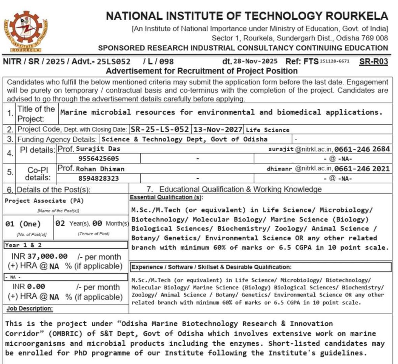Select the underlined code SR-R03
[374, 61]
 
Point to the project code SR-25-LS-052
[160, 129]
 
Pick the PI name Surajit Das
[98, 149]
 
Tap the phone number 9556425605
[99, 158]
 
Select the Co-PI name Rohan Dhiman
[100, 169]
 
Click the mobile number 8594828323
[99, 179]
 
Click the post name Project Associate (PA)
[44, 200]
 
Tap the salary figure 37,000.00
[47, 256]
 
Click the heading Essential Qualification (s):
[166, 197]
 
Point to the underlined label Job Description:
[30, 309]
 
